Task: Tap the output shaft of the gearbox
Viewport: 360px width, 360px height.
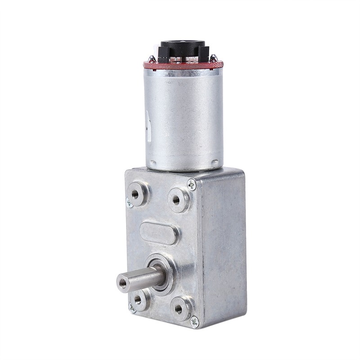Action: click(139, 279)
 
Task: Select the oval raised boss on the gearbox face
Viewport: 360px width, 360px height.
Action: click(159, 233)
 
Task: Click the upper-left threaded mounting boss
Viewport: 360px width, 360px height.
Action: click(136, 193)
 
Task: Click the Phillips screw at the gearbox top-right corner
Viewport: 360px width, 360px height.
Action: click(192, 184)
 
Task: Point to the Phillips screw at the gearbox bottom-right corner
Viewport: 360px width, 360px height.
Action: click(194, 321)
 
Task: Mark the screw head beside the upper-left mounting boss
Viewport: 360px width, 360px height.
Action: click(130, 203)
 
